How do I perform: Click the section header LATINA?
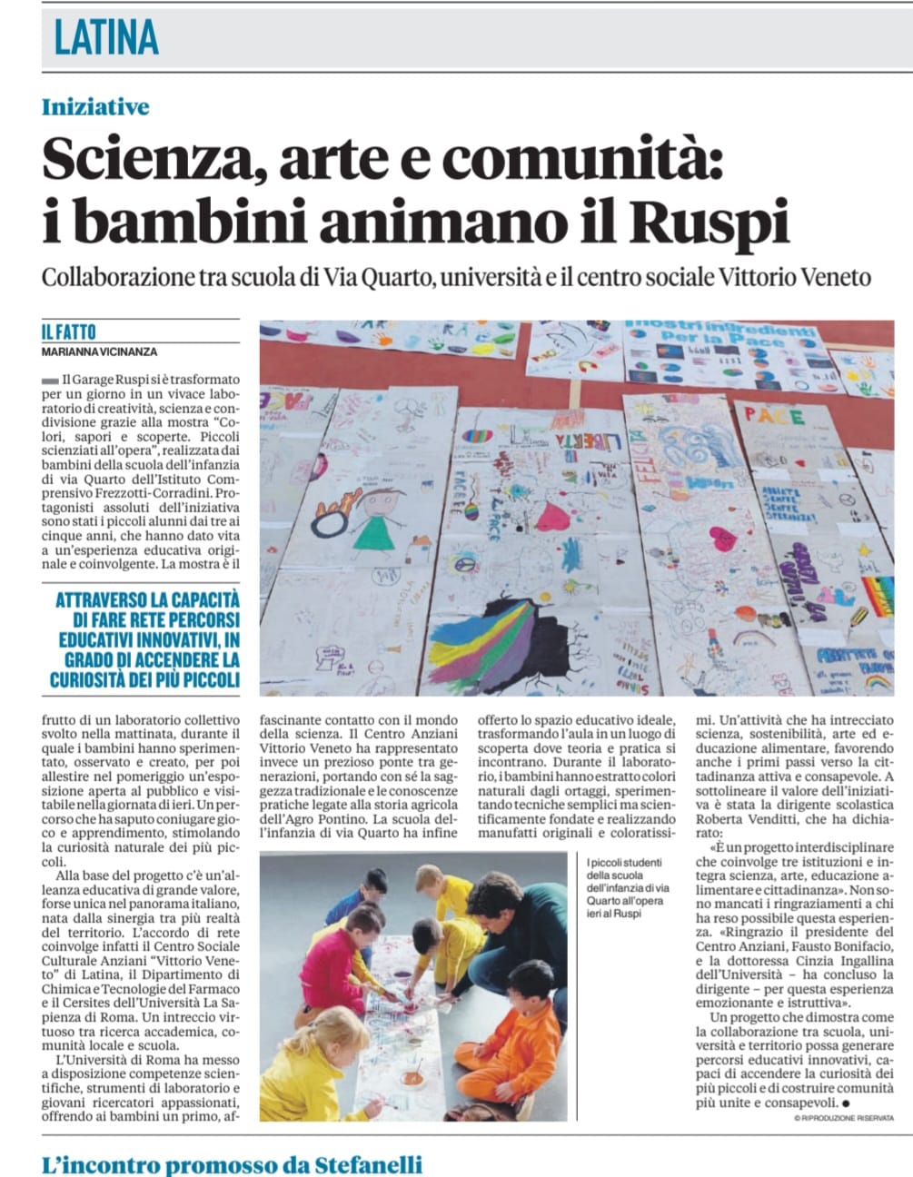[106, 37]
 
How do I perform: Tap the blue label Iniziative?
[95, 107]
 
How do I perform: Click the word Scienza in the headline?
[147, 160]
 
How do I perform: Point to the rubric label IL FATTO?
[69, 332]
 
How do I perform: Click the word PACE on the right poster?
[774, 417]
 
